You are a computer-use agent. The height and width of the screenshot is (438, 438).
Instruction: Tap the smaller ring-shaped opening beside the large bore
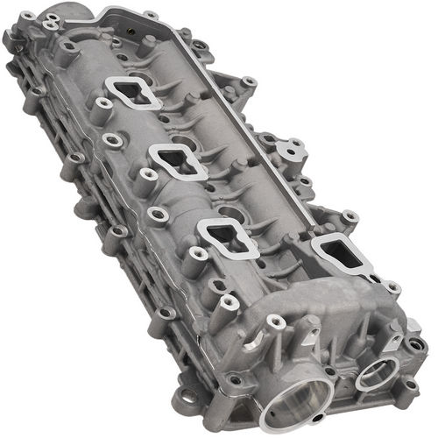point(374,373)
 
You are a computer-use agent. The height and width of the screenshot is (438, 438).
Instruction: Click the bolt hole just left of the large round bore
point(235,380)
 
